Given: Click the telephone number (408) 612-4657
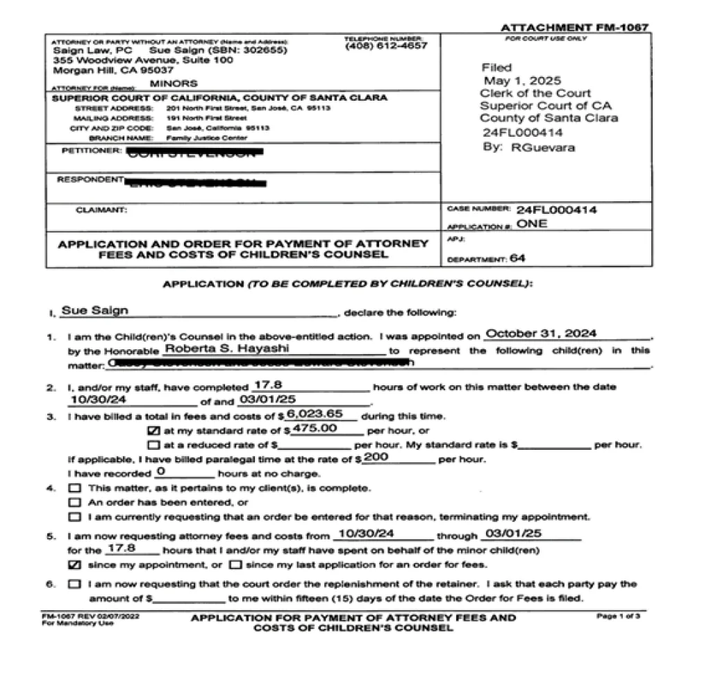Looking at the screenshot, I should (x=386, y=46).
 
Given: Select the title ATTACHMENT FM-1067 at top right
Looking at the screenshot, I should (x=574, y=27).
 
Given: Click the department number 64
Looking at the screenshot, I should (x=517, y=258).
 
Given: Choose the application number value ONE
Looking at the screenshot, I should (x=532, y=224).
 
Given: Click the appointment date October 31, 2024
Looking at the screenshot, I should (x=540, y=334).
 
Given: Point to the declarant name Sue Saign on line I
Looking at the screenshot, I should (x=94, y=310).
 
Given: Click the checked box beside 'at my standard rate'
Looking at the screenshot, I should (x=153, y=430).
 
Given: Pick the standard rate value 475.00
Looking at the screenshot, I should (x=313, y=428).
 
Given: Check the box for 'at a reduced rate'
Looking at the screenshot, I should (x=153, y=444).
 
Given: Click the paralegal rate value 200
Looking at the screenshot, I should (x=375, y=457).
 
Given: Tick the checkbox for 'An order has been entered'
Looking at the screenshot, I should (x=74, y=503).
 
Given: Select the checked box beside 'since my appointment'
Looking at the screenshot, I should (x=74, y=565).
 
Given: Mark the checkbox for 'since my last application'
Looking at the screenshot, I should (x=235, y=565).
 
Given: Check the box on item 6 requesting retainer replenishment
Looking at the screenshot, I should (x=74, y=585).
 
